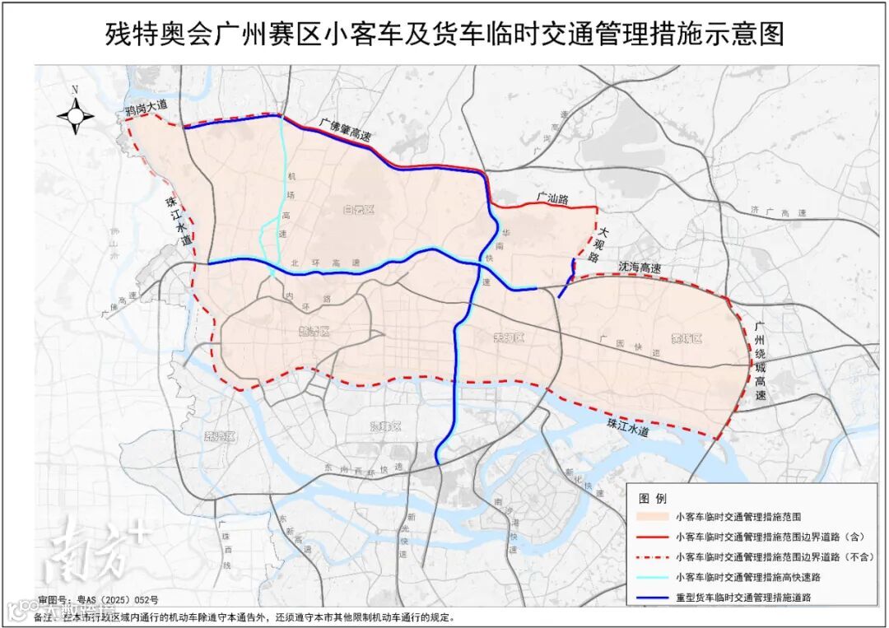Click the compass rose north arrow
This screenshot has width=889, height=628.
[75, 114]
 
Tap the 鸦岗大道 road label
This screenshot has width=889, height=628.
[146, 105]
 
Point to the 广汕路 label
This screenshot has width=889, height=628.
[552, 198]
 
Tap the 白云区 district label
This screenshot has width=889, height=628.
[359, 211]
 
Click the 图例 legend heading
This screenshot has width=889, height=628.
[653, 498]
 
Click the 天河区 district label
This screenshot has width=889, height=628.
[508, 337]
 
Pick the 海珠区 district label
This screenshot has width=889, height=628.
[384, 426]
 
